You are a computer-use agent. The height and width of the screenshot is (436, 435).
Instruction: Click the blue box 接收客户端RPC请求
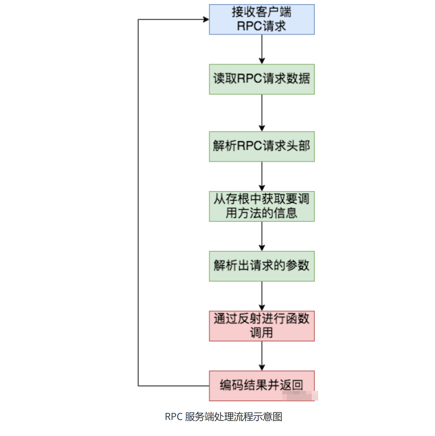[x=261, y=19]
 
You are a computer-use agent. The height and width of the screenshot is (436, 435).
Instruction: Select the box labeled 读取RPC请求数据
[x=261, y=79]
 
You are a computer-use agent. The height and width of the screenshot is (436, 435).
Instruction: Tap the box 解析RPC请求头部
[x=261, y=146]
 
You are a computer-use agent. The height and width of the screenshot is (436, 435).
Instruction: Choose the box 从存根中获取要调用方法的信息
[x=261, y=206]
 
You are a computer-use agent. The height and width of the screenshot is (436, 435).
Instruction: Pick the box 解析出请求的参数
[x=261, y=266]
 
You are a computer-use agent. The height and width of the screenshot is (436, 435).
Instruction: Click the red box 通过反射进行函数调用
[x=261, y=326]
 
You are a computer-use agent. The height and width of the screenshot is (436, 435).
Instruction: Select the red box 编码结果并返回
[x=261, y=386]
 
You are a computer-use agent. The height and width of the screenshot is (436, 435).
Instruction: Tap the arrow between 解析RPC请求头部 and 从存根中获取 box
[x=262, y=176]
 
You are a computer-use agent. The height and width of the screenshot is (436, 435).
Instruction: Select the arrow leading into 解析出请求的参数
[x=262, y=236]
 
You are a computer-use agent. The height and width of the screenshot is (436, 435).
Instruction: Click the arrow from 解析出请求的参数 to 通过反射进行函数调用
[x=262, y=296]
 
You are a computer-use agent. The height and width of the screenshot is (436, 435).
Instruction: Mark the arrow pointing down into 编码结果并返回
[x=262, y=356]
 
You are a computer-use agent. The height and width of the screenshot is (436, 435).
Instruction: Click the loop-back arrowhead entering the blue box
[x=205, y=19]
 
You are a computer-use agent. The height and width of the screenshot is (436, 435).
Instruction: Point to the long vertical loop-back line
[x=138, y=202]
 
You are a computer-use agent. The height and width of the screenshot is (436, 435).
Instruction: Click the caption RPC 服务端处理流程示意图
[x=223, y=417]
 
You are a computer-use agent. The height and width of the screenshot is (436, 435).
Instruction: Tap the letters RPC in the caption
[x=173, y=417]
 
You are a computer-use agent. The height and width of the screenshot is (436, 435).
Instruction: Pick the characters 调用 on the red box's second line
[x=261, y=333]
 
